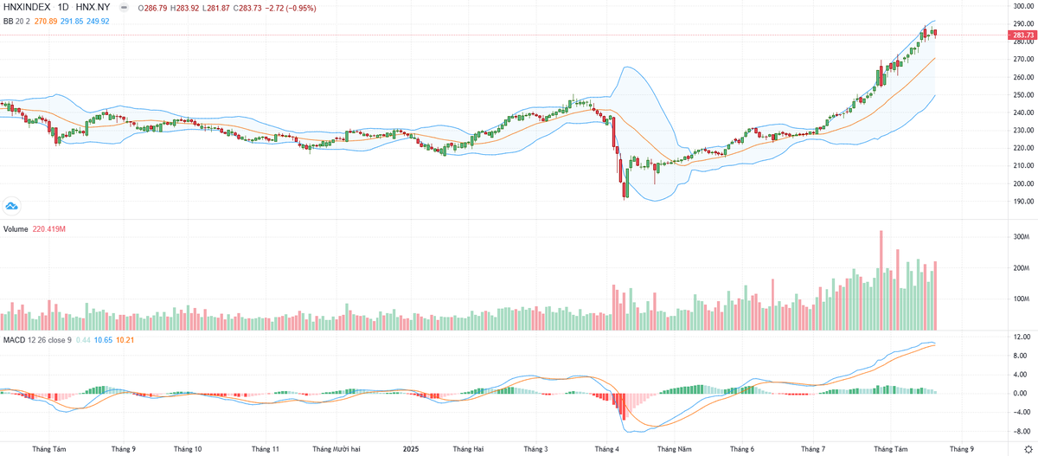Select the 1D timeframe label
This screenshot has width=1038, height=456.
(x=65, y=7)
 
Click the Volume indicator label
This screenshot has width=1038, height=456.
(x=16, y=229)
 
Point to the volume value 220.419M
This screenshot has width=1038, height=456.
(x=49, y=229)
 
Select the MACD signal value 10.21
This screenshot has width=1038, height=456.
(x=125, y=339)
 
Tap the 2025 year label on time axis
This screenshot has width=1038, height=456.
(x=411, y=449)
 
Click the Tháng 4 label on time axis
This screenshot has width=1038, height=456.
(x=606, y=449)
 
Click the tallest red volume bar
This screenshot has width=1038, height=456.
(x=881, y=279)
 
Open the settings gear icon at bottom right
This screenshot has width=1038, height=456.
(x=1028, y=449)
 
